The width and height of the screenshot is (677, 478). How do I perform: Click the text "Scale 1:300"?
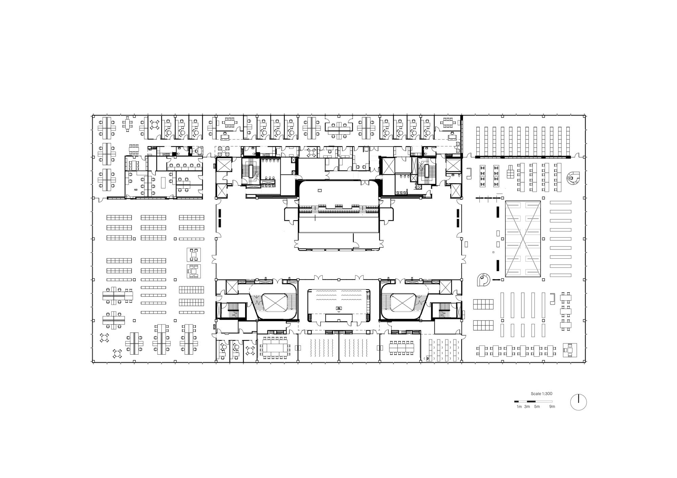[x=542, y=394]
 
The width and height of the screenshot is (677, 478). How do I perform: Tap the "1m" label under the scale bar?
[x=519, y=407]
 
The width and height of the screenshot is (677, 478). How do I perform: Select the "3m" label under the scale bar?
[x=527, y=407]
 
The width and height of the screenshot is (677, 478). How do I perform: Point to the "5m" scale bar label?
[x=537, y=407]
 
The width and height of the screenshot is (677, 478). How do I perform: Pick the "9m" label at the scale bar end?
[x=552, y=407]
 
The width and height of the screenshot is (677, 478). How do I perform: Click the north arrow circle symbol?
[x=578, y=402]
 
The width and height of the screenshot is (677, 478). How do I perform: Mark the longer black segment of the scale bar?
[x=533, y=402]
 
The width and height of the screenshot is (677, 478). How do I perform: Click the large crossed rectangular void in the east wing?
[x=523, y=239]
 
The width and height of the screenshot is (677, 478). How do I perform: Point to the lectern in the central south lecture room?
[x=338, y=308]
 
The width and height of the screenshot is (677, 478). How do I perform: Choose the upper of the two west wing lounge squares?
[x=194, y=255]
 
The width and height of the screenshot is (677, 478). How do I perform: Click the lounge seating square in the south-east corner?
[x=570, y=350]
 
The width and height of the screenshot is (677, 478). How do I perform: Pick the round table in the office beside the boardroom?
[x=250, y=351]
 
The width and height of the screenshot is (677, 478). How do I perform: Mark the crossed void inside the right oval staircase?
[x=403, y=302]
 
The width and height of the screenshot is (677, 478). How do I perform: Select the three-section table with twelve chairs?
[x=402, y=348]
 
